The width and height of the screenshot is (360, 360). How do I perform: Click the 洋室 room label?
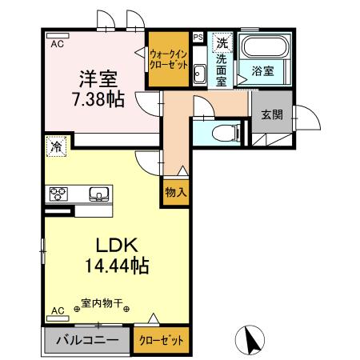click(98, 79)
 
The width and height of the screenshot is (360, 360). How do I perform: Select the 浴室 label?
click(263, 70)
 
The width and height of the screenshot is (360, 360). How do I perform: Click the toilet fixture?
click(226, 130)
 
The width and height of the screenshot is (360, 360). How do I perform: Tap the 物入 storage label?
click(176, 192)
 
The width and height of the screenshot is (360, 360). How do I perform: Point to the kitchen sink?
click(98, 193)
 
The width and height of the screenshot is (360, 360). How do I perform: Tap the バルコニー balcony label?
click(87, 339)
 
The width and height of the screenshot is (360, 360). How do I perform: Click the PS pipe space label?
click(198, 35)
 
